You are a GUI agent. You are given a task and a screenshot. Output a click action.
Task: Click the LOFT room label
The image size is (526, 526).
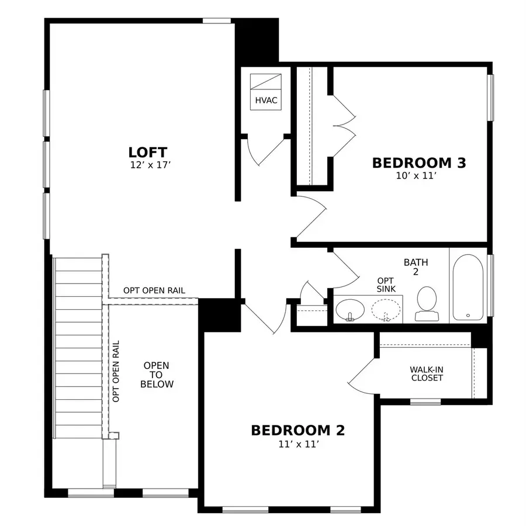point(148,153)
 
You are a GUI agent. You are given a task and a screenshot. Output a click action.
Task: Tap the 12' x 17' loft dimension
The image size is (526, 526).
point(151,165)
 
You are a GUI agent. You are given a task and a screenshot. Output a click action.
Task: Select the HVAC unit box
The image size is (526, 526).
point(266,92)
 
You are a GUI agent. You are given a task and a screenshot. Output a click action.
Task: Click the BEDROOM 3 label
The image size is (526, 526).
point(419,162)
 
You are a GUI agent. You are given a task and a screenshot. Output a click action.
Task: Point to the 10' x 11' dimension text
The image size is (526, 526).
point(416,176)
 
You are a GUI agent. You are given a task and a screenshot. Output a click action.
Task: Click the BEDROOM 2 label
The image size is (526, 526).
point(298,430)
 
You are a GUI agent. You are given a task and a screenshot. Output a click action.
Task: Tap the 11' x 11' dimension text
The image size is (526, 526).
point(299,444)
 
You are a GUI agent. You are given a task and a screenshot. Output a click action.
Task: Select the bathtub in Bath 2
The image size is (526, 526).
point(468,287)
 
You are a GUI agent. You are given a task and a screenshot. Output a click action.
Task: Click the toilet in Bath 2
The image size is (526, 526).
point(427,304)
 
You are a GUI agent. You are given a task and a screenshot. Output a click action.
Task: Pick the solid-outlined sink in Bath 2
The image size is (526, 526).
point(350,310)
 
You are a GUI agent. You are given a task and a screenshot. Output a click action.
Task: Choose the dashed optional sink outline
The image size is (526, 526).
point(386,310)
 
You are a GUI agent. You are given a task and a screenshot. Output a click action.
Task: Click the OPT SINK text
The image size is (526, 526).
point(386,285)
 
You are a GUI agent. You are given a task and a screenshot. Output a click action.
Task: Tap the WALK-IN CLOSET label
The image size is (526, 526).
point(427,373)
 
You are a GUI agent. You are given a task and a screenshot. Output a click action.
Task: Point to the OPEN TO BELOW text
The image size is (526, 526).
point(157,375)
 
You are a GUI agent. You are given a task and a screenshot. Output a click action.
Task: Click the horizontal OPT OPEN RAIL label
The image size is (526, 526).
point(154,290)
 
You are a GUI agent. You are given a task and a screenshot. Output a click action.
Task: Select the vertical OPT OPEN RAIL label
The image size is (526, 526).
point(116,371)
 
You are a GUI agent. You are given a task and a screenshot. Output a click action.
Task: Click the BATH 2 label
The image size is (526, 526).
point(416,267)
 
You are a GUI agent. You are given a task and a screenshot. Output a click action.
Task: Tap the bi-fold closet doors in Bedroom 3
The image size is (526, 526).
point(344,126)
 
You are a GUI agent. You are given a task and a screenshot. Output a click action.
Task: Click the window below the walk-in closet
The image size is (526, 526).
point(425,402)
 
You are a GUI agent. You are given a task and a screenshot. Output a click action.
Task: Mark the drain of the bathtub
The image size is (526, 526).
point(468,316)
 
